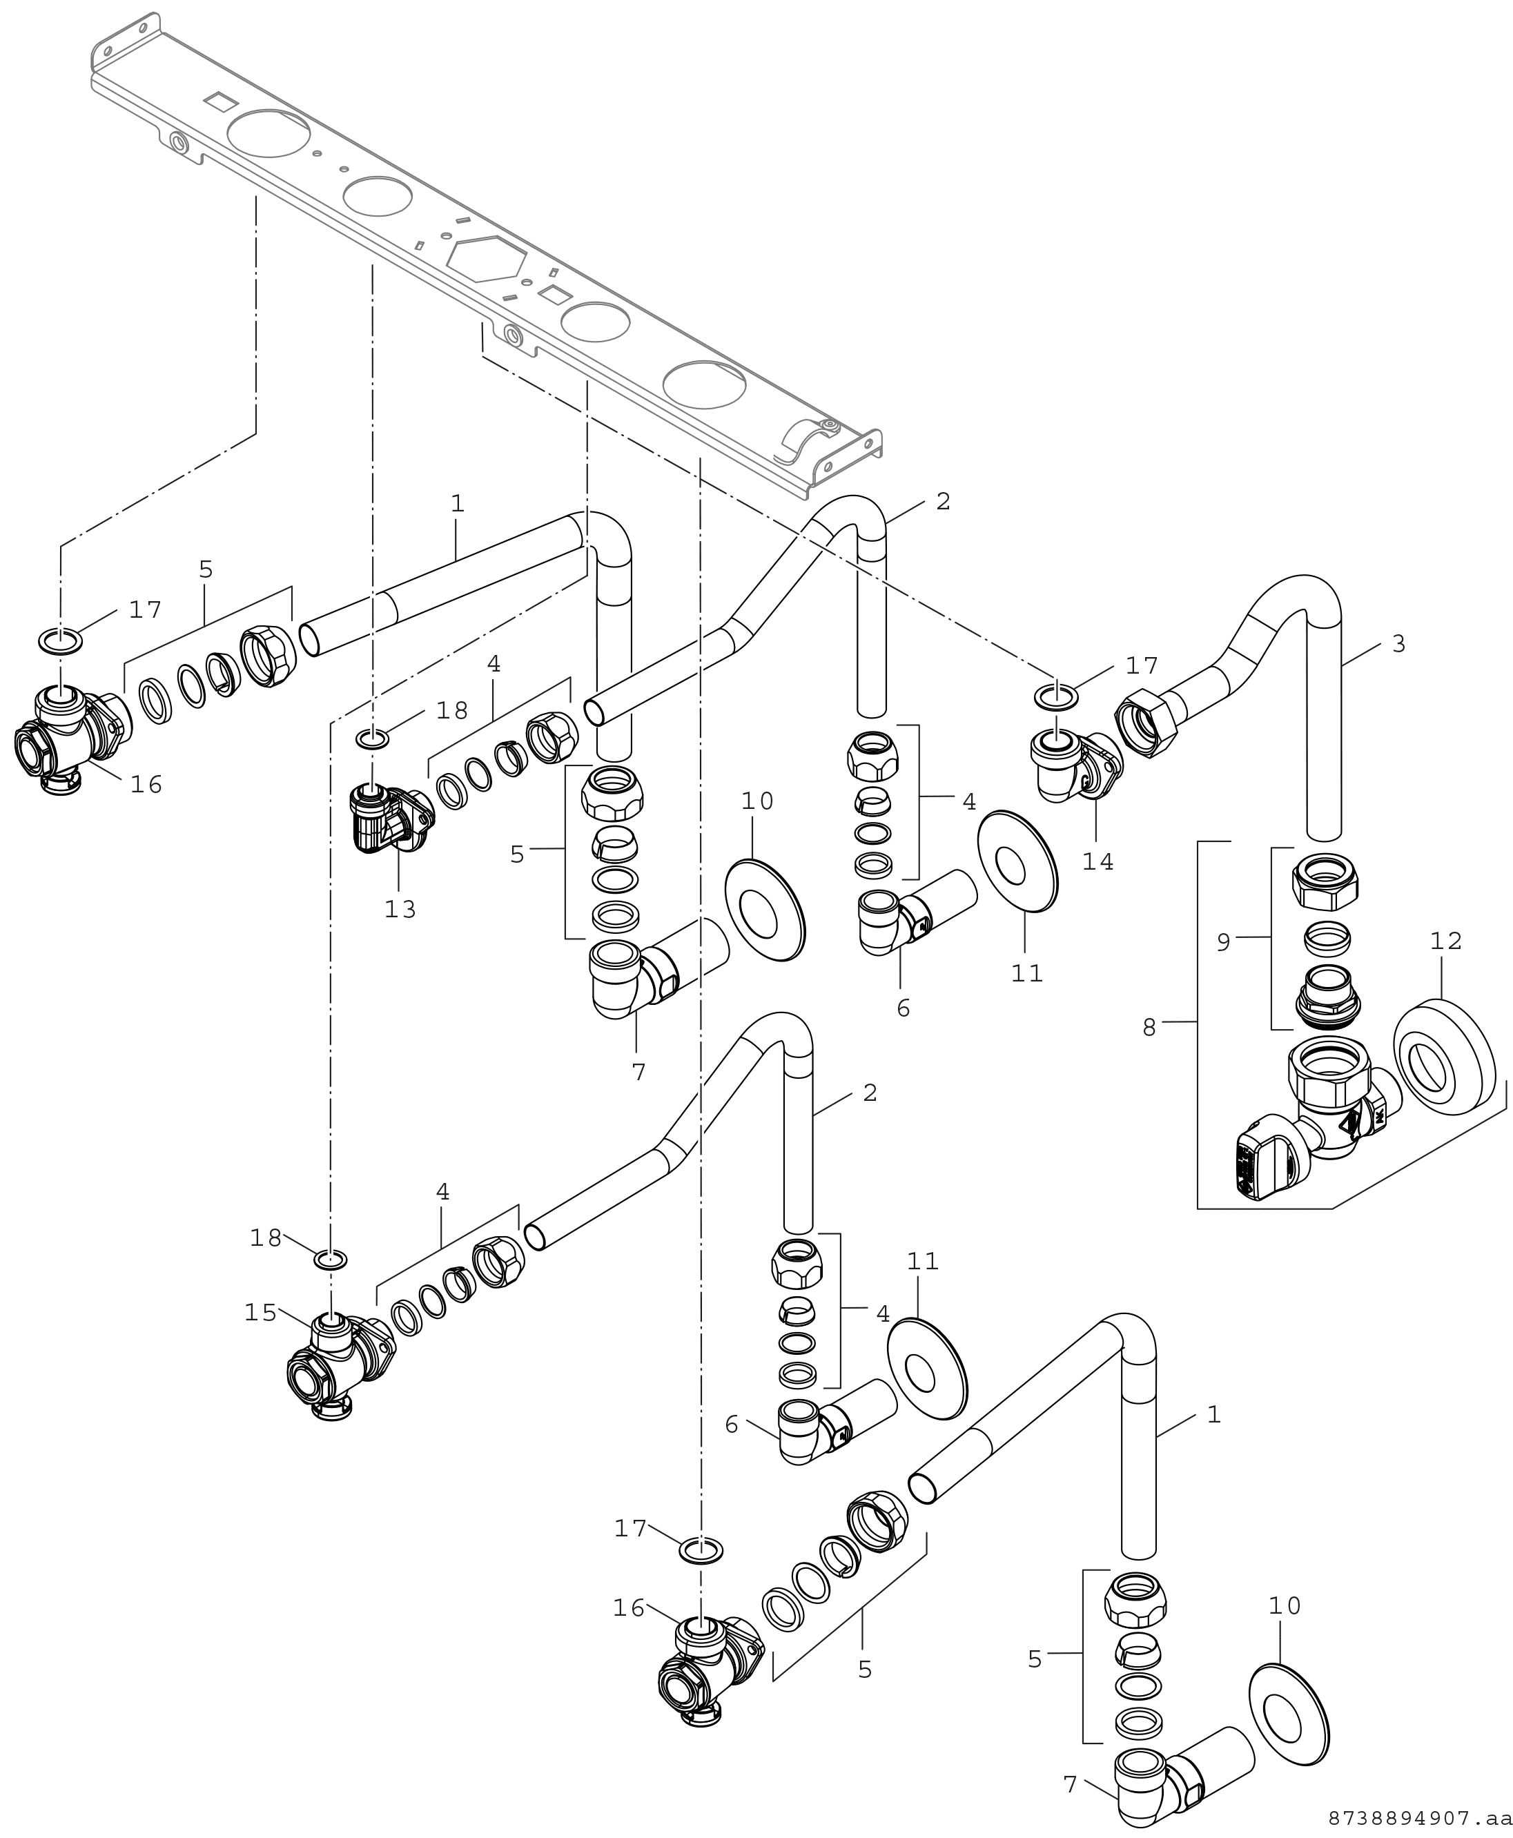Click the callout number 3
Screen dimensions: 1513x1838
click(x=1399, y=645)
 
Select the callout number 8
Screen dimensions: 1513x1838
click(x=1149, y=1028)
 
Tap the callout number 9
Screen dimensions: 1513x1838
click(x=1224, y=942)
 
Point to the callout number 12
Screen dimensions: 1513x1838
click(x=1446, y=941)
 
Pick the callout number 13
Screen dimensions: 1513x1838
click(x=401, y=910)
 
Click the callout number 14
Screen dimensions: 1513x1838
click(x=1098, y=862)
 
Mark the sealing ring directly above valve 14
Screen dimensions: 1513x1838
click(x=1055, y=696)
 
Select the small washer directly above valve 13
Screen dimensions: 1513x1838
click(x=372, y=740)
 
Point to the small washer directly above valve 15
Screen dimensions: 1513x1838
click(x=331, y=1260)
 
